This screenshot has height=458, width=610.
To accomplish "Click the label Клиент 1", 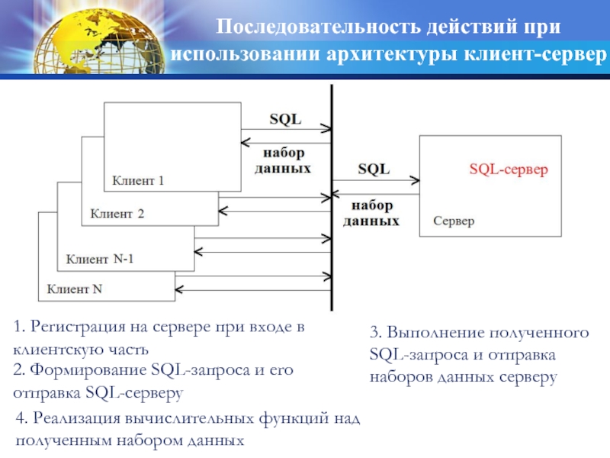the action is (x=138, y=182).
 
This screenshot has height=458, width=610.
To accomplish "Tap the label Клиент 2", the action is (x=117, y=214).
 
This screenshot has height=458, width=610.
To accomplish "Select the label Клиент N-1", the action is (x=100, y=259).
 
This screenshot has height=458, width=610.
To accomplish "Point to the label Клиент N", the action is (x=75, y=289).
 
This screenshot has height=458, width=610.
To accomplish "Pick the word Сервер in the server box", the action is (x=454, y=221).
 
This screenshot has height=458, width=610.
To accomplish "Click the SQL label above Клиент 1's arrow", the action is (x=285, y=119).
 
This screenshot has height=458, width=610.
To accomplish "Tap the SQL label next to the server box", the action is (x=373, y=169).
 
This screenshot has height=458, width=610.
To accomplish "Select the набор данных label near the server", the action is (x=371, y=213).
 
